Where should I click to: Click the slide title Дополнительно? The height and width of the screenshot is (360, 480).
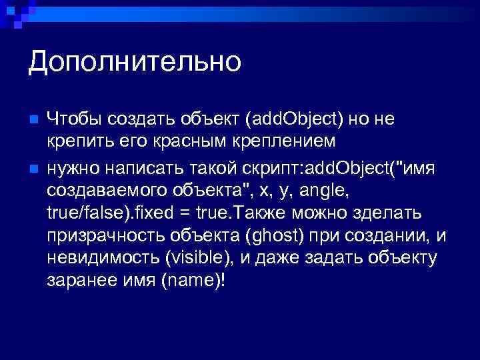tap(134, 63)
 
